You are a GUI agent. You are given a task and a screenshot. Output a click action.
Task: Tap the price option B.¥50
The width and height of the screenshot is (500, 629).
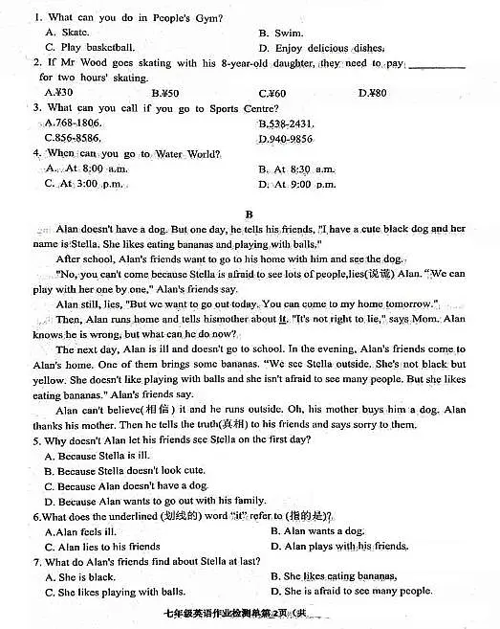[x=165, y=93]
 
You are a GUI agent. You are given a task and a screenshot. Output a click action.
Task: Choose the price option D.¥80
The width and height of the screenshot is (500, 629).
[x=372, y=93]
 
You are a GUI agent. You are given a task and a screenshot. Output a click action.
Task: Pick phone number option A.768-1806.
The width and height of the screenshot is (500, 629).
[x=73, y=124]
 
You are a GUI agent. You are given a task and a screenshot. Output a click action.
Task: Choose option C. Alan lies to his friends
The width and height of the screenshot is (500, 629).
[x=102, y=547]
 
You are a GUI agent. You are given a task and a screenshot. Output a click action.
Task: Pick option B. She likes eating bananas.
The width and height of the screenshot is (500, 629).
[x=334, y=576]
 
